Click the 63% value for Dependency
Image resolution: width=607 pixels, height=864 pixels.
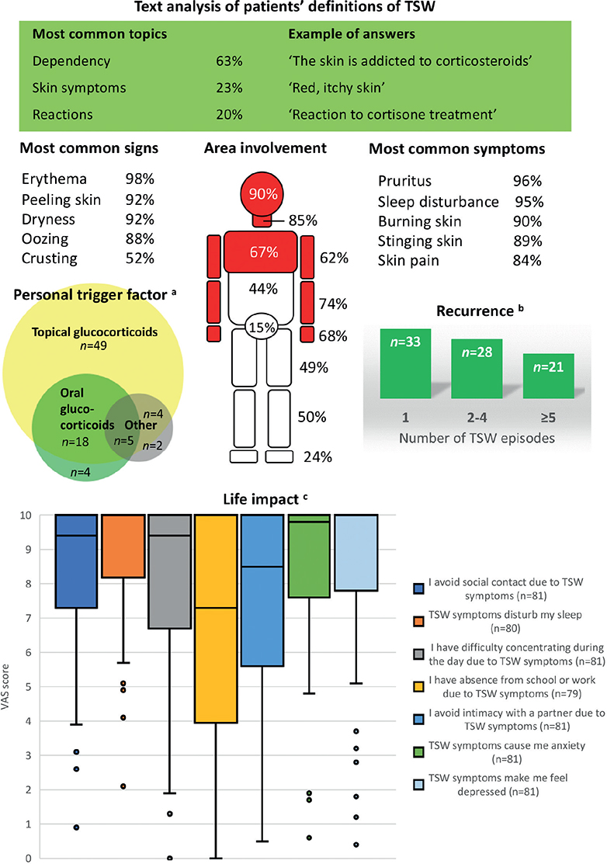pos(229,61)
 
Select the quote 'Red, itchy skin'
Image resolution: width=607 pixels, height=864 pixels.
pos(337,88)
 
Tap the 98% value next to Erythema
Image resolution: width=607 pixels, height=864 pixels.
pos(140,179)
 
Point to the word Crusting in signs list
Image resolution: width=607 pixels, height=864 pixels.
pos(50,259)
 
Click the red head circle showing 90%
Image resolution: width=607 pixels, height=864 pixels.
pos(262,193)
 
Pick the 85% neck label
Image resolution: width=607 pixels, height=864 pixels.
pos(303,220)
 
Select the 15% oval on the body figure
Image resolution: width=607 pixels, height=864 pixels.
pos(262,328)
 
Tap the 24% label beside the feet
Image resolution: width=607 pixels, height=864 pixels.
pos(317,456)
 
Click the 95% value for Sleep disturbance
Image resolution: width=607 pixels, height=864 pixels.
pos(529,202)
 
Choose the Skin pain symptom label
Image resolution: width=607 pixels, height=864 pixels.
pos(409,261)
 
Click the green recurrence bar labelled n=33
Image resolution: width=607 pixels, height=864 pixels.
pos(405,363)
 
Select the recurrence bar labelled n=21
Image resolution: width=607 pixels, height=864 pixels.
pos(549,376)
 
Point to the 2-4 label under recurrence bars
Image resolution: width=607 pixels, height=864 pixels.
pos(477,418)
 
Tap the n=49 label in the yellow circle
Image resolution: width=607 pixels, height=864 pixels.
pos(93,346)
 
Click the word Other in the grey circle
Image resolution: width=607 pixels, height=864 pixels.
pos(140,425)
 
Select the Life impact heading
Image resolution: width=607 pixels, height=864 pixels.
pos(261,499)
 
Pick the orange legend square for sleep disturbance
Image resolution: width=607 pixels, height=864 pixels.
pos(418,622)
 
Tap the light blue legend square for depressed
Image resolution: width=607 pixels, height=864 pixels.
pos(418,785)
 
